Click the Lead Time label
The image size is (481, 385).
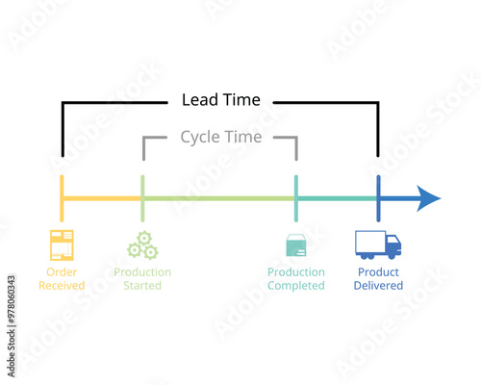[x=220, y=99]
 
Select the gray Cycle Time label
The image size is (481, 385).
[x=220, y=137]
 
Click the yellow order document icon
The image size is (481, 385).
[x=62, y=245]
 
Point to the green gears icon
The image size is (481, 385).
[x=142, y=245]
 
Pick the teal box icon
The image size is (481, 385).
[x=296, y=245]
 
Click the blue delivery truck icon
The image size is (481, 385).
[x=378, y=244]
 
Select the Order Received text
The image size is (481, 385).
[x=62, y=278]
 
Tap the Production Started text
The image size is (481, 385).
[x=142, y=278]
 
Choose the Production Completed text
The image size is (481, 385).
[x=296, y=278]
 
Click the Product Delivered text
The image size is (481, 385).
[x=378, y=278]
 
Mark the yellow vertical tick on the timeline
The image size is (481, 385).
[x=62, y=198]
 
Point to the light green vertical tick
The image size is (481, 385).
[x=142, y=198]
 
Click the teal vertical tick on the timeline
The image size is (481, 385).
[x=296, y=198]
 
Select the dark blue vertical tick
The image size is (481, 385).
[x=378, y=198]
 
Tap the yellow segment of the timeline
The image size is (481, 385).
[x=102, y=199]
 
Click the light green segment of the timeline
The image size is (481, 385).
[x=219, y=199]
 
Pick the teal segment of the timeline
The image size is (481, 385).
[x=337, y=199]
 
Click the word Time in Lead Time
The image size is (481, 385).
[x=241, y=99]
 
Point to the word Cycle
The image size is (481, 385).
[x=199, y=137]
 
